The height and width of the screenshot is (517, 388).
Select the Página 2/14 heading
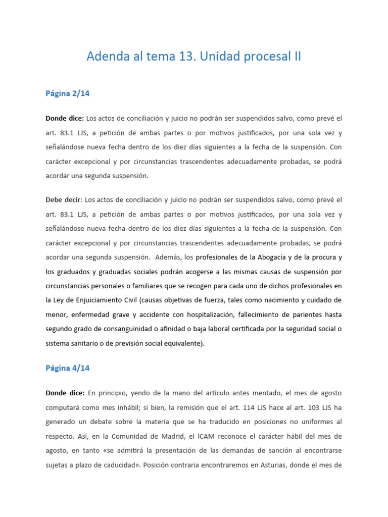(x=68, y=93)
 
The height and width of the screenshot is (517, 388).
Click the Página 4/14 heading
(x=68, y=368)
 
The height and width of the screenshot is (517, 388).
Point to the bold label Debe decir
(x=63, y=200)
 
